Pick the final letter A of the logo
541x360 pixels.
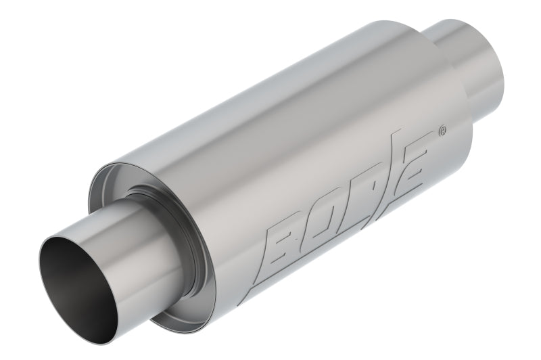413,162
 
